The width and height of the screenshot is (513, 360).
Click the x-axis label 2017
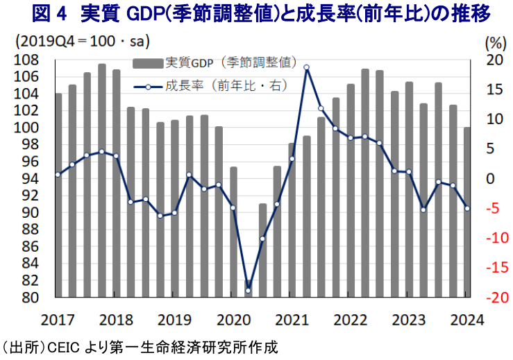pos(58,320)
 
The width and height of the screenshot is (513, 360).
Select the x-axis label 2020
pos(233,320)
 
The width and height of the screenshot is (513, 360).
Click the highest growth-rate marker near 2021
pos(306,67)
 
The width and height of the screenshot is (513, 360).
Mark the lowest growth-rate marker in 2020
pos(248,290)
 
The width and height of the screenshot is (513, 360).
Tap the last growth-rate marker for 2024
pos(467,209)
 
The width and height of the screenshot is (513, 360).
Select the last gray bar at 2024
pos(467,212)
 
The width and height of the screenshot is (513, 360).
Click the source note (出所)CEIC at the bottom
pos(139,347)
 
